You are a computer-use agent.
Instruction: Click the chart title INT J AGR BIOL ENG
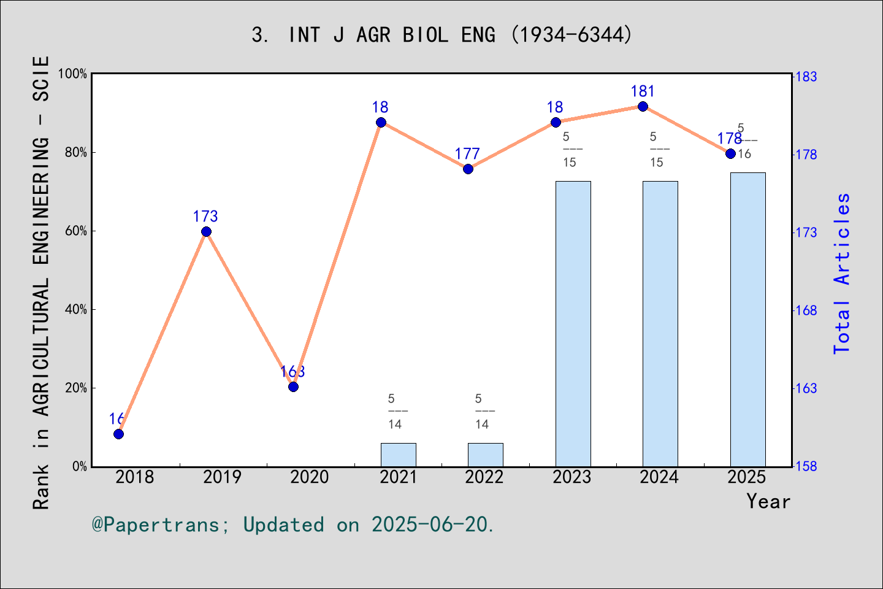click(442, 34)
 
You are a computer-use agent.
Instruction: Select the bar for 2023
click(573, 323)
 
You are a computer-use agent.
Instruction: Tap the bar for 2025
click(747, 319)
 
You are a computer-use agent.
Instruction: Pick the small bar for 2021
click(398, 455)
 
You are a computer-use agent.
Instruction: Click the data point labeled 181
click(643, 107)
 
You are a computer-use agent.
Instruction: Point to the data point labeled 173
click(206, 231)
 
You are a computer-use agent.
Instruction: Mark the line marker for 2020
click(293, 387)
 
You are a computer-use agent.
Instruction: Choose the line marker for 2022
click(468, 169)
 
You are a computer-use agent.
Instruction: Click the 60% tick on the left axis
click(76, 231)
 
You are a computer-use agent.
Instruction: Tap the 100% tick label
click(73, 74)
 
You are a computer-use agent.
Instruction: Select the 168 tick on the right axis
click(806, 310)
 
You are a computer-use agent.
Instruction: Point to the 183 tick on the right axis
click(806, 77)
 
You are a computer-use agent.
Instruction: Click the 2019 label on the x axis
click(222, 477)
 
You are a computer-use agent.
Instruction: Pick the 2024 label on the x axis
click(659, 477)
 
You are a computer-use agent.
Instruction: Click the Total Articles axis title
click(842, 273)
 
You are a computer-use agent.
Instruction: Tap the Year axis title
click(768, 502)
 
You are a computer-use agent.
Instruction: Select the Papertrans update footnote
click(292, 525)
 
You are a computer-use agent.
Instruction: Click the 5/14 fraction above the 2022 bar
click(482, 412)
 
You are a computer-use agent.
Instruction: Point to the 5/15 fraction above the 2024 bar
click(657, 150)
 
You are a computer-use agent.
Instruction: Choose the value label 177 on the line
click(467, 154)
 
